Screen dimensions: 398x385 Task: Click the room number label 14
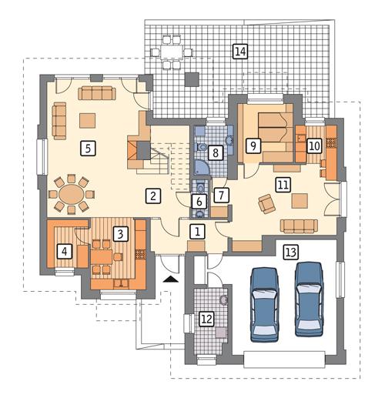click(240, 52)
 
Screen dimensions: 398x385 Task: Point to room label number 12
click(206, 316)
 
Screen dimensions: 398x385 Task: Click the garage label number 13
click(290, 251)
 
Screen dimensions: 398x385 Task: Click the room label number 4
click(65, 250)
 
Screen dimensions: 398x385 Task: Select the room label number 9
click(251, 144)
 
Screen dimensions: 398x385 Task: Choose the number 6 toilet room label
click(199, 201)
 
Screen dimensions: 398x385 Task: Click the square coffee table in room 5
click(89, 119)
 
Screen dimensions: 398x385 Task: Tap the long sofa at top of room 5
click(96, 93)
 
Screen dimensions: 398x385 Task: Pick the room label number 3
click(119, 231)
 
